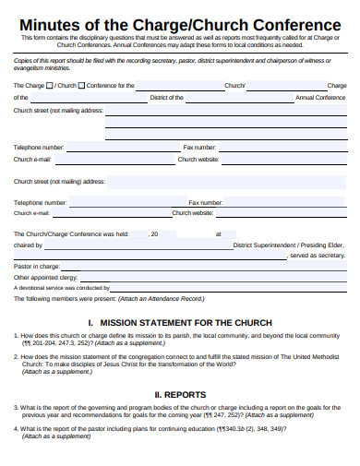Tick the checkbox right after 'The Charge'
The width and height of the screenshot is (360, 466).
(x=50, y=85)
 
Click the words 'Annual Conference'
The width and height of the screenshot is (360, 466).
(x=319, y=97)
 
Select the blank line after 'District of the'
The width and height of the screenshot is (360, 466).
(x=231, y=99)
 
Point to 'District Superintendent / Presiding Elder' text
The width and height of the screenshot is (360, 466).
(x=289, y=245)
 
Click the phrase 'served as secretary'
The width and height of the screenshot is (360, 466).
(x=318, y=256)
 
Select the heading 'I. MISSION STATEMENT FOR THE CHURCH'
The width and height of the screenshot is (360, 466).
(x=179, y=322)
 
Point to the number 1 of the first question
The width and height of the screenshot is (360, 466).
(x=16, y=336)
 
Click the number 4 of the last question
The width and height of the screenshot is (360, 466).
(x=16, y=429)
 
